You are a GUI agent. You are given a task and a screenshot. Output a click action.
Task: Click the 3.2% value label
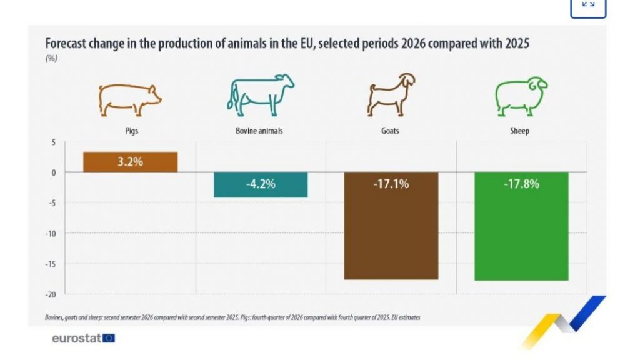coord(130,162)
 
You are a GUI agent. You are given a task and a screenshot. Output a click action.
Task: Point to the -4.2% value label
coord(261,184)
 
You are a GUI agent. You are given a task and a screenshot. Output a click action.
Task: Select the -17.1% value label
coord(391,184)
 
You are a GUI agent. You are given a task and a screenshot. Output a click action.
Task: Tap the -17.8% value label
coord(521,184)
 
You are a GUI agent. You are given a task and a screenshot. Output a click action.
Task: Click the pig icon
coord(129,99)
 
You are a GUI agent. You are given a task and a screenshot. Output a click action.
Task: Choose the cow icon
coord(260,96)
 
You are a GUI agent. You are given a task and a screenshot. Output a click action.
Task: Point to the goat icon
coord(390,96)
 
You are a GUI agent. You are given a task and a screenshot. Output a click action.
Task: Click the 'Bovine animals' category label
coord(259,131)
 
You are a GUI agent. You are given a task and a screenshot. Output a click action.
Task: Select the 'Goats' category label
coord(390,131)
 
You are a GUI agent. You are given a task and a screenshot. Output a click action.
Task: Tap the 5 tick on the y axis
coord(54,142)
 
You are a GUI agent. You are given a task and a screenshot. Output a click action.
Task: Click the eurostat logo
coord(84,338)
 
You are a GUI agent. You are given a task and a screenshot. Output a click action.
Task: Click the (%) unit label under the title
coord(51,59)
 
